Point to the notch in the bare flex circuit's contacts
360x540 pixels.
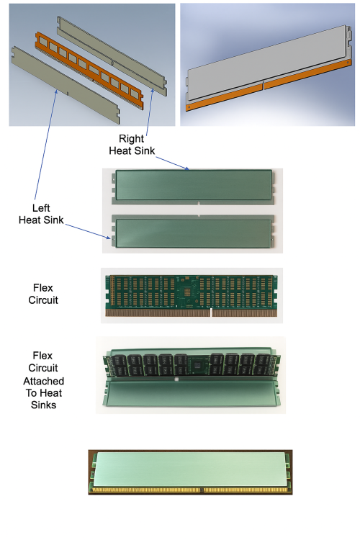pos(210,313)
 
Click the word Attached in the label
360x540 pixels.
pos(48,380)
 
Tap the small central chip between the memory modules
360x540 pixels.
pos(194,364)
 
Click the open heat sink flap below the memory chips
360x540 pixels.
pos(191,395)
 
